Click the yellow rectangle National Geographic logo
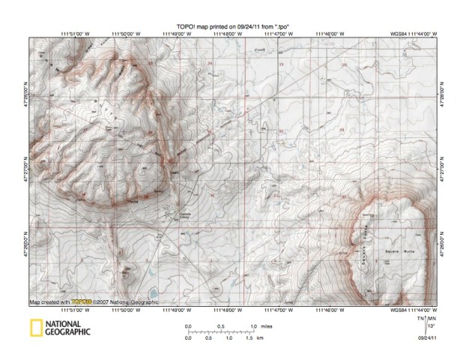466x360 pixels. click(35, 328)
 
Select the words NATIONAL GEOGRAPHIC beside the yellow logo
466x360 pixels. click(69, 328)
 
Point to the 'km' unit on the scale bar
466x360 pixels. click(260, 338)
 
